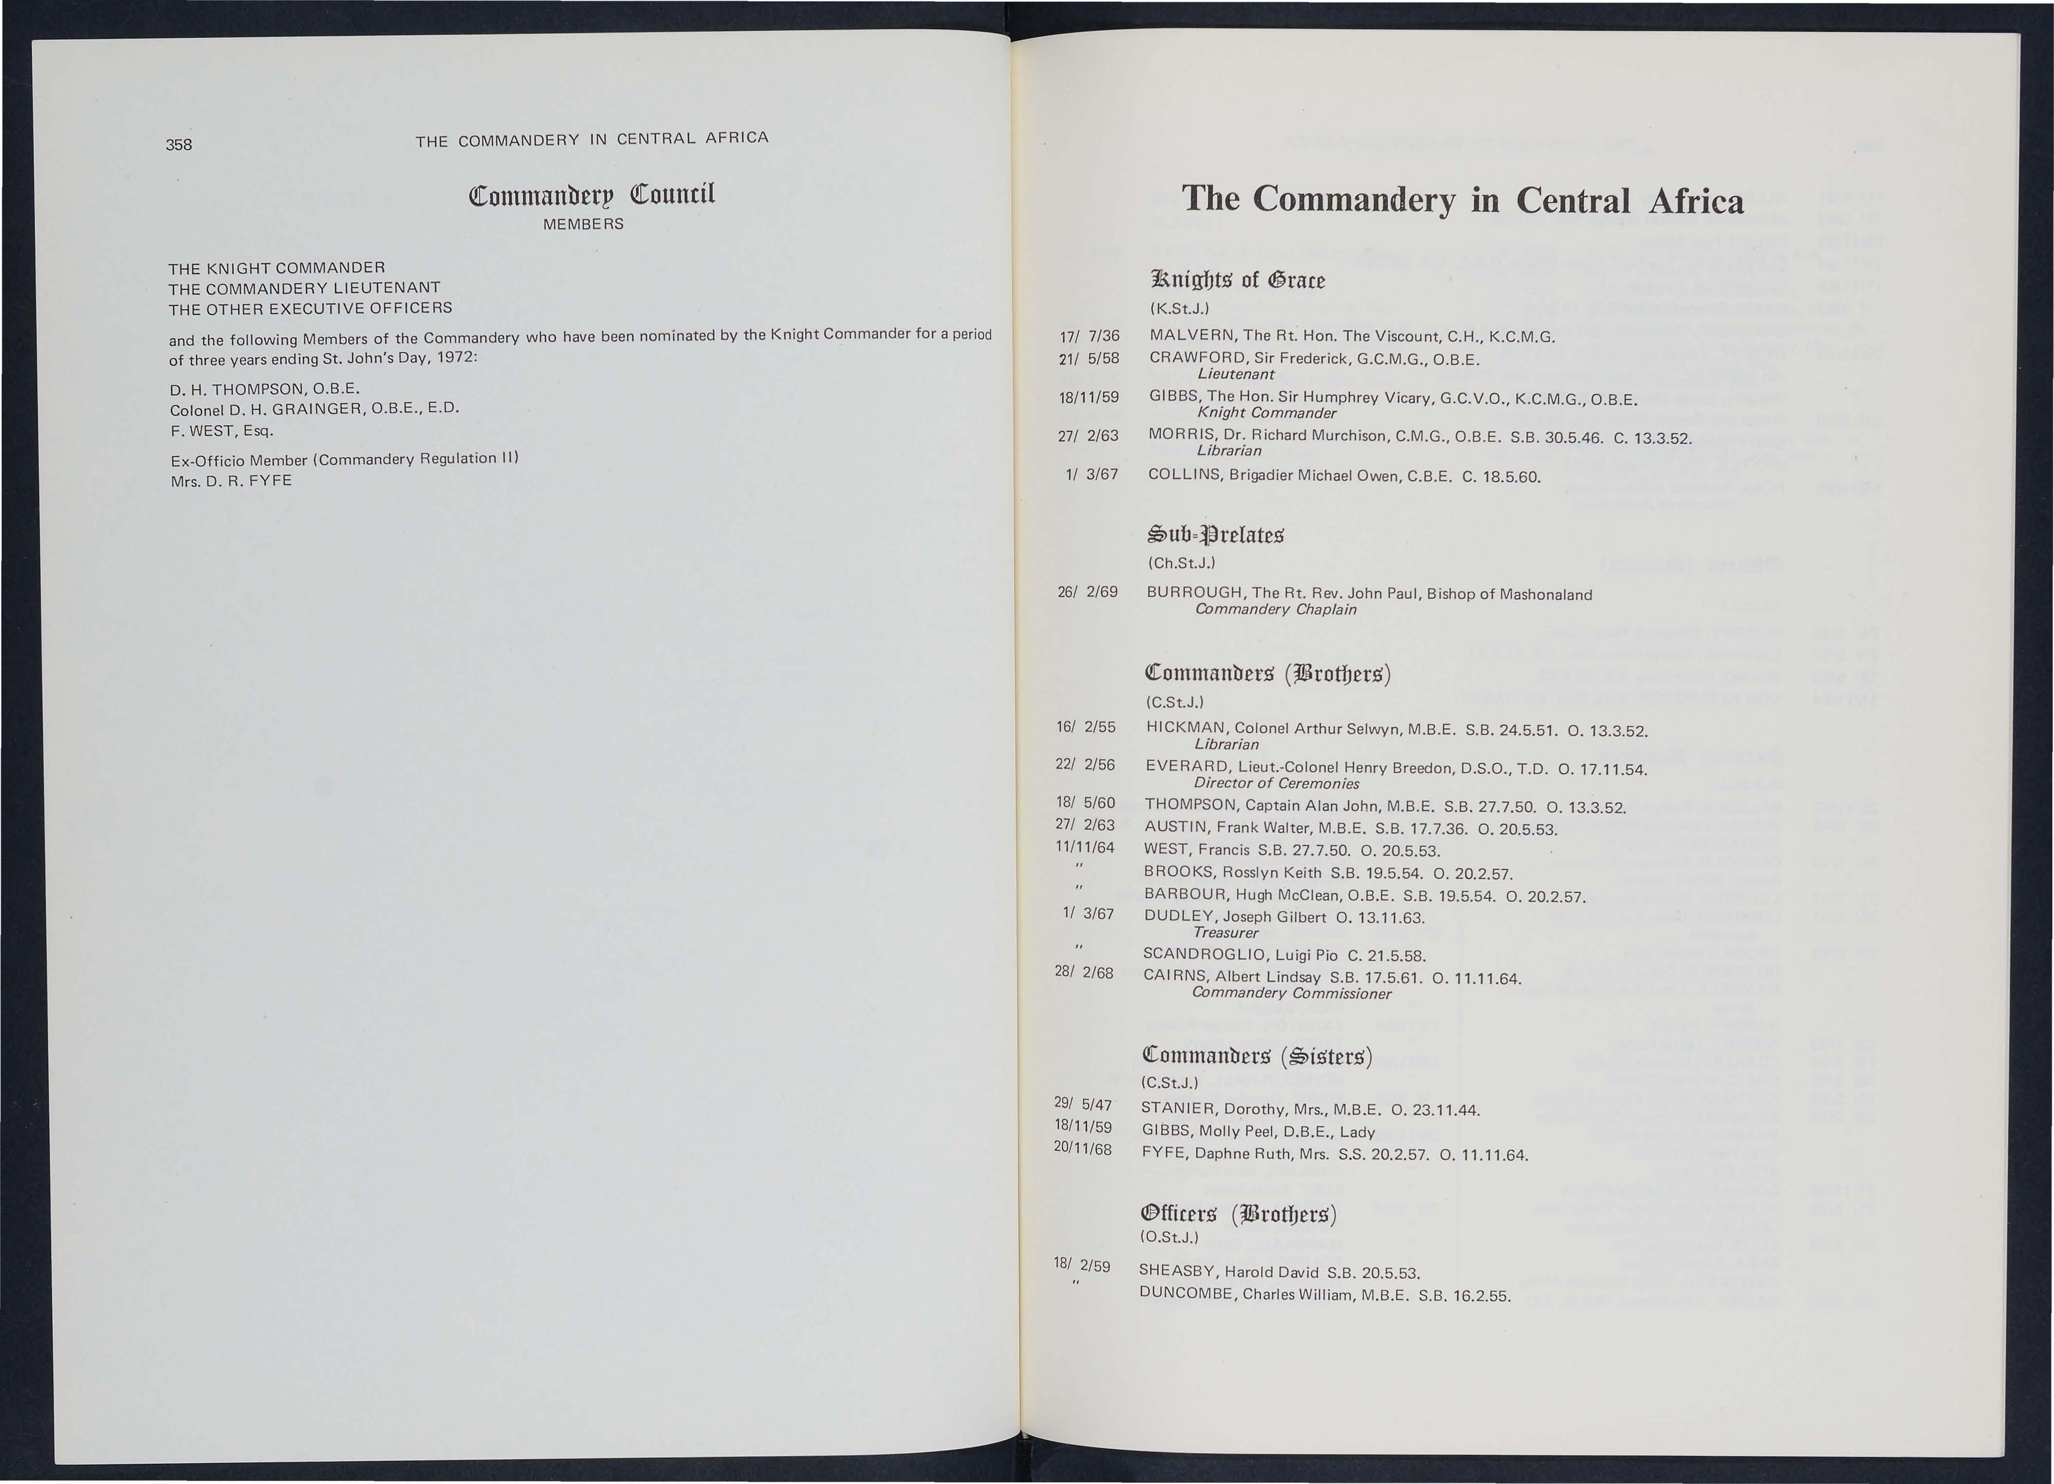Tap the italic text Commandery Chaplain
point(1275,610)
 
